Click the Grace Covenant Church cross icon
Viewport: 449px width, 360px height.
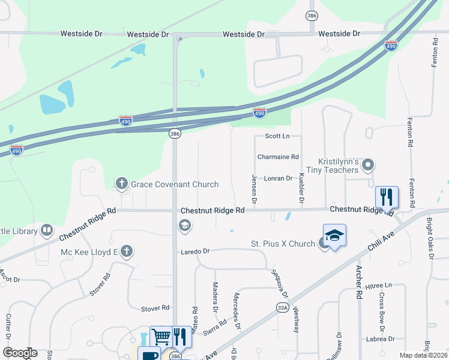coord(122,183)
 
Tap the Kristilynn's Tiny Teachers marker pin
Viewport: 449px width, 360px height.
coord(368,164)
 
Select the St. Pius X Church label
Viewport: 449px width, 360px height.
coord(283,244)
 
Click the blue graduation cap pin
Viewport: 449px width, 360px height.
coord(334,235)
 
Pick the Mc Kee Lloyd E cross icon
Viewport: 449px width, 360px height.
coord(126,251)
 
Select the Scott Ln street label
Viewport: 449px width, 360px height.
coord(277,136)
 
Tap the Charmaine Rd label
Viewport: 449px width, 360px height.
coord(277,157)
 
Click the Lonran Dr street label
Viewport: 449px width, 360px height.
coord(278,178)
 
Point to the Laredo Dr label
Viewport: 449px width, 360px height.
coord(195,251)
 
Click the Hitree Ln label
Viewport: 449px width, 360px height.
coord(379,285)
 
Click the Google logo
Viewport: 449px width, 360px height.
coord(20,353)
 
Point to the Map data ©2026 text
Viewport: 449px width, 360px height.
coord(423,355)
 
